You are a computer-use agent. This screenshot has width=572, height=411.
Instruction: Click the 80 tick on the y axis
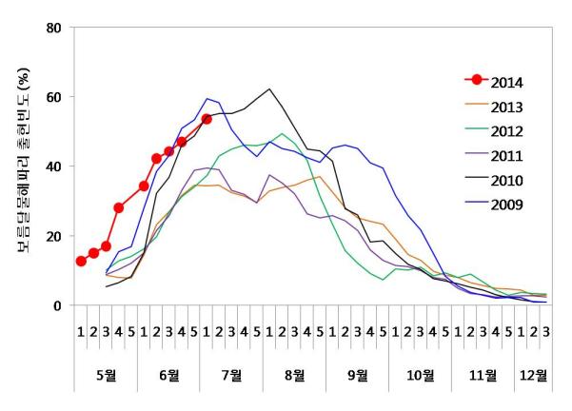[55, 28]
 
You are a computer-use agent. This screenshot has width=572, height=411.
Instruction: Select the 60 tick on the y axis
[55, 97]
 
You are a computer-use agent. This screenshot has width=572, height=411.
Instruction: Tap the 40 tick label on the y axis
[55, 166]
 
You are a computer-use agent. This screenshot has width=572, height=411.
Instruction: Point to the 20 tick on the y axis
[55, 236]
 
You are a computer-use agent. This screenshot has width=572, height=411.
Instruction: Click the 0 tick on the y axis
[59, 305]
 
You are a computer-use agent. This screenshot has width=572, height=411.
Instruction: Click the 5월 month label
[107, 375]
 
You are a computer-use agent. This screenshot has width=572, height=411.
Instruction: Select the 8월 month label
[295, 375]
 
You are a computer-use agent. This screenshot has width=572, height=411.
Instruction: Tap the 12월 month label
[533, 375]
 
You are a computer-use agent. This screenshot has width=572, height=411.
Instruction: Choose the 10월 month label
[421, 375]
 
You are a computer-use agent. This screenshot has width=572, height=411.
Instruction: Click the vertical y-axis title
[23, 166]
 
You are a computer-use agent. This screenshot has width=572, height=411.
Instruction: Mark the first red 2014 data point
[81, 262]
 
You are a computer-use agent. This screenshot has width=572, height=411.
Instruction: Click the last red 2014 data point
[207, 119]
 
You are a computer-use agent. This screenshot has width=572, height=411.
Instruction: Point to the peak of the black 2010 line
[270, 89]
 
